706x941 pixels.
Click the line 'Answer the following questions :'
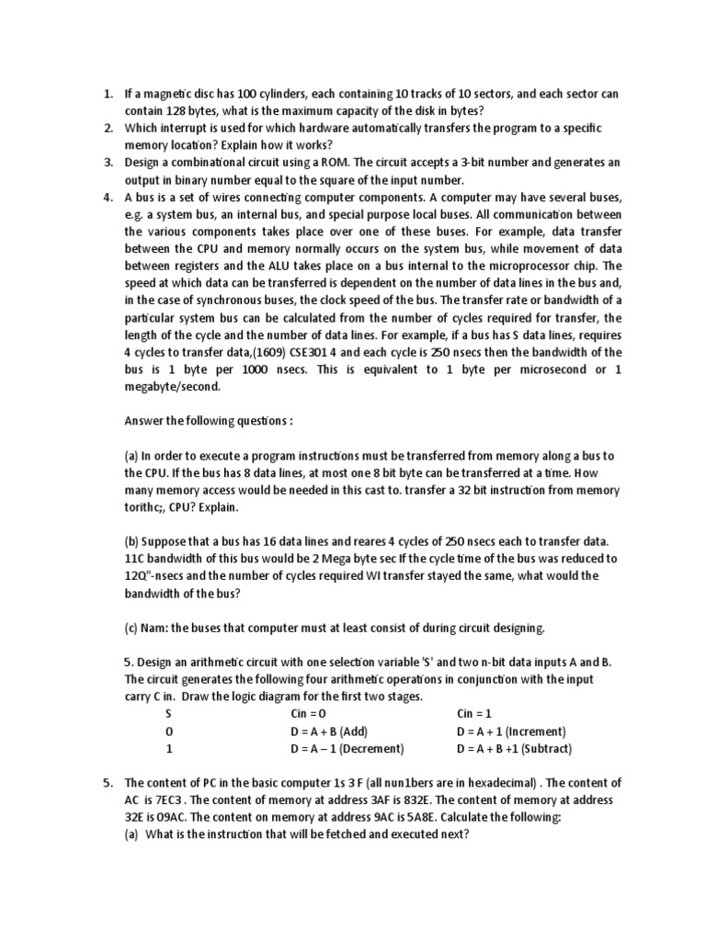(208, 422)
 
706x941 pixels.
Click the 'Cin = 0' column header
(309, 714)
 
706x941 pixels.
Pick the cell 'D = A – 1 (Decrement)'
(347, 749)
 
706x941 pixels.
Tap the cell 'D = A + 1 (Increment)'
(511, 731)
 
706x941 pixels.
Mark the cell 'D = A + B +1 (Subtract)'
(514, 749)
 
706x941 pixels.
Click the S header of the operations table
(168, 714)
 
